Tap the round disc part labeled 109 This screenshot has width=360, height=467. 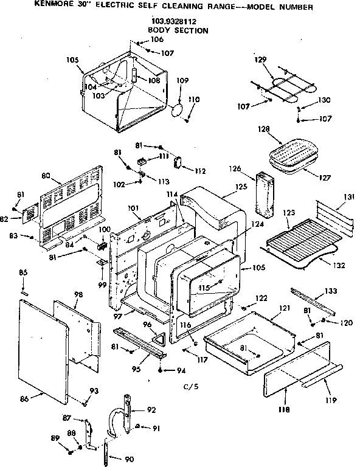[178, 110]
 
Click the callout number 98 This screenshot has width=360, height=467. [61, 294]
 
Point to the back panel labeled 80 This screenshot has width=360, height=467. [68, 207]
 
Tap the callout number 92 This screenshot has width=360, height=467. [151, 409]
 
